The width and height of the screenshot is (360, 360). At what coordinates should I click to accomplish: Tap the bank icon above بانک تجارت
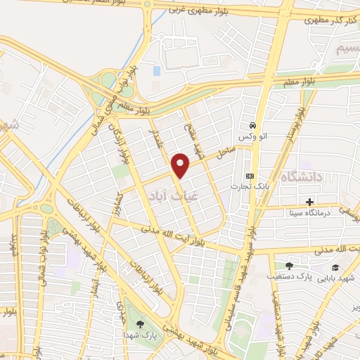249,176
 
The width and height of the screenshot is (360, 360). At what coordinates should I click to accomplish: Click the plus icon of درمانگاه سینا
309,202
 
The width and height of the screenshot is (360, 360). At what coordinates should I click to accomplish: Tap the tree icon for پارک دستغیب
289,266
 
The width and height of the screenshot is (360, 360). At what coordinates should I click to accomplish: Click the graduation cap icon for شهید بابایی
336,267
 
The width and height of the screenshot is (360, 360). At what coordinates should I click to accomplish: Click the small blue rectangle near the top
155,71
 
